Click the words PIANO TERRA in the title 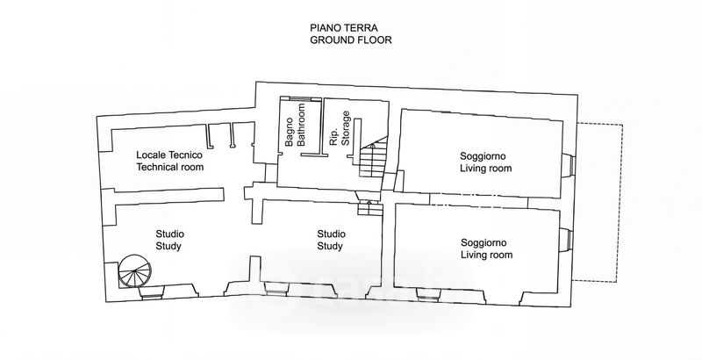click(x=344, y=28)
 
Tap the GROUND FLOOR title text click(x=351, y=40)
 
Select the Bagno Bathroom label click(x=295, y=125)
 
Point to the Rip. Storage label click(x=340, y=128)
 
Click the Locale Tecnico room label click(x=169, y=162)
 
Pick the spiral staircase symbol click(x=135, y=271)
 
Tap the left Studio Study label click(x=169, y=240)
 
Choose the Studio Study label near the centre click(x=331, y=240)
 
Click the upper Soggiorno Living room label click(x=486, y=162)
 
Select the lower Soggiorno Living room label click(x=487, y=249)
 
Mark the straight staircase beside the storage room click(x=373, y=156)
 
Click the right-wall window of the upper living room click(x=567, y=165)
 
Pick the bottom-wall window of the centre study click(x=276, y=289)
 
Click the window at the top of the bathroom click(x=300, y=98)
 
